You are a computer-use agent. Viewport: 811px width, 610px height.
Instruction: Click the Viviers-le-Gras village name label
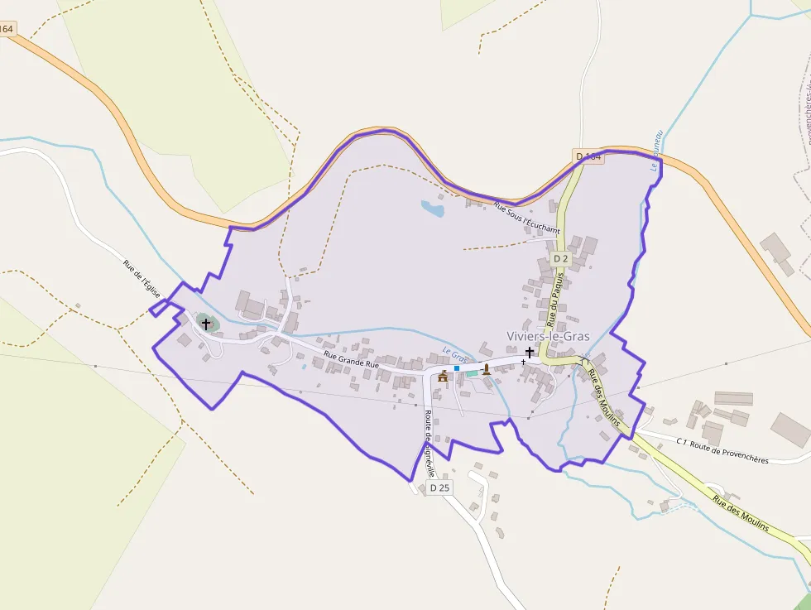click(547, 336)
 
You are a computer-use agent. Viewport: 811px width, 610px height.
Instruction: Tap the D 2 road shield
click(560, 259)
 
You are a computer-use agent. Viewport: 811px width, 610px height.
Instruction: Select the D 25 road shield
click(439, 488)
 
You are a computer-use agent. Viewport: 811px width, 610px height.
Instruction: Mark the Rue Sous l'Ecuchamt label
click(526, 218)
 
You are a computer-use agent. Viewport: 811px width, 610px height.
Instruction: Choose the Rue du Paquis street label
click(551, 302)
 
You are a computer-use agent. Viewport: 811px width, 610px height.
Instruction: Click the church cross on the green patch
click(206, 324)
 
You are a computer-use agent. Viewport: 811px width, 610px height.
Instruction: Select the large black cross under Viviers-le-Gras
click(529, 353)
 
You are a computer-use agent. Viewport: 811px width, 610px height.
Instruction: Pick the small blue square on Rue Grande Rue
click(456, 367)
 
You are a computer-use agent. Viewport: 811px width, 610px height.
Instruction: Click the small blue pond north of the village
click(432, 208)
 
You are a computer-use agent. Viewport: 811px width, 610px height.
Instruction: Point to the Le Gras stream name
click(455, 353)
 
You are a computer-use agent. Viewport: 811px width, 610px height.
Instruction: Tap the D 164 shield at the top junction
click(588, 156)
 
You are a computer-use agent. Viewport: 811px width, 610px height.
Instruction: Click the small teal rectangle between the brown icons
click(471, 373)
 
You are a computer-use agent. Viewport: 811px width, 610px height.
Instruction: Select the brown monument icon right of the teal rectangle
click(487, 370)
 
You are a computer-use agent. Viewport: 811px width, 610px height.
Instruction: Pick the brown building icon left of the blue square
click(443, 377)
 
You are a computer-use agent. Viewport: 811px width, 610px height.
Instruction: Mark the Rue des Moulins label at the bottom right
click(740, 514)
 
